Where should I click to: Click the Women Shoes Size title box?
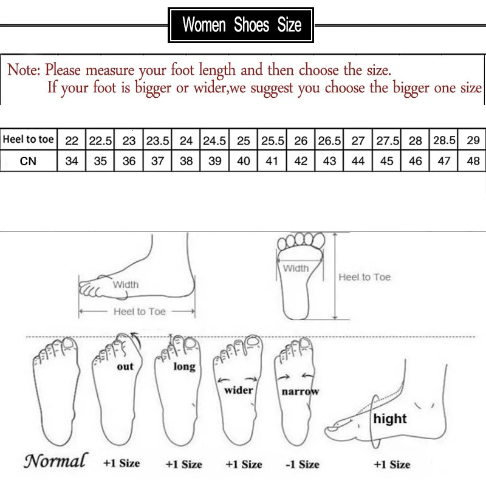[241, 25]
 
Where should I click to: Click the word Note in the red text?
[23, 70]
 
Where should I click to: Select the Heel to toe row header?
[29, 140]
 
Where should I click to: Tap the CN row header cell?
[29, 161]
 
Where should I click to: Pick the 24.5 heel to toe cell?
[214, 140]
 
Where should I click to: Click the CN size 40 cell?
[243, 162]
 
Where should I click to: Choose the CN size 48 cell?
[473, 162]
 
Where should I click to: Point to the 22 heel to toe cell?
[72, 140]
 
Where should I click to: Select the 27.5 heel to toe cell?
[386, 140]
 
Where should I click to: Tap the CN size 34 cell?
[72, 162]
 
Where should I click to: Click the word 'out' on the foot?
[125, 366]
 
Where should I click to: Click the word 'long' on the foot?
[184, 366]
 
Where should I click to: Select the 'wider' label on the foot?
[239, 390]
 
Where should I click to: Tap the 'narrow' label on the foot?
[300, 392]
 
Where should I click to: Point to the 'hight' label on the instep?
[390, 419]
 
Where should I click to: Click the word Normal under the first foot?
[55, 460]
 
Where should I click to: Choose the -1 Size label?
[302, 464]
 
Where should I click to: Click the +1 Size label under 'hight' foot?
[392, 464]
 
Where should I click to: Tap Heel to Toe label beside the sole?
[364, 277]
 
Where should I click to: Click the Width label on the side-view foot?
[126, 284]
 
